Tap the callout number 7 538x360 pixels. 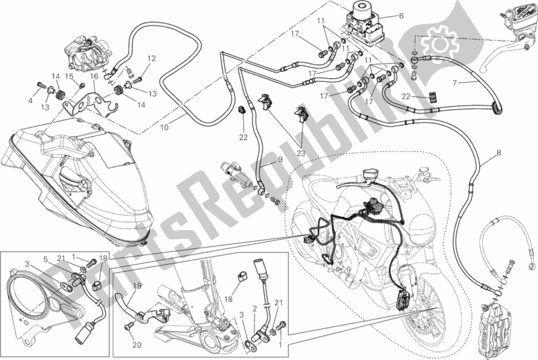point(455,82)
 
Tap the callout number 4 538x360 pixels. point(30,100)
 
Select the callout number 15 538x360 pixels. point(69,77)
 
